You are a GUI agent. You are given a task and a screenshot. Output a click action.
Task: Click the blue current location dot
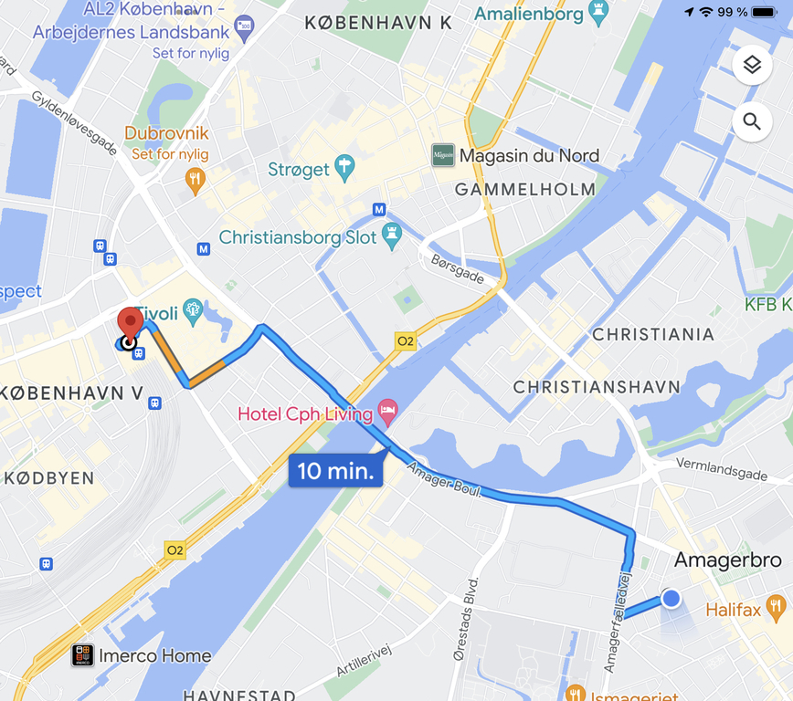coord(671,598)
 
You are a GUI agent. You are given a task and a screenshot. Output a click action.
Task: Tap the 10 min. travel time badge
coord(335,471)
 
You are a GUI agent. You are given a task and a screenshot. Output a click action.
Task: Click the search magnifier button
coord(752,121)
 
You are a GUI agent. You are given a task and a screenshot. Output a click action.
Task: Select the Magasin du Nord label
coord(529,156)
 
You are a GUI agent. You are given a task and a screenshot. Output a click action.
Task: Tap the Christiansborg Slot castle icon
coord(392,236)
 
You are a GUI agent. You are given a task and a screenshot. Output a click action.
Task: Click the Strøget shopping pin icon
coord(344,168)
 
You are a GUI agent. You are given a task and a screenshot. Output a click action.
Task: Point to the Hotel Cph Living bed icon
coord(387,413)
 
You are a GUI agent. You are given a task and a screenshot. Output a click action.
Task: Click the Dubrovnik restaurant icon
coord(195,178)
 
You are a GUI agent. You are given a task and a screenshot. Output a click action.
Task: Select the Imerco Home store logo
coord(83,655)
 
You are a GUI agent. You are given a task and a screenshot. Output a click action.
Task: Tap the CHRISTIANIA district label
coord(652,335)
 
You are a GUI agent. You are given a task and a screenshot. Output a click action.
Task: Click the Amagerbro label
coord(727,560)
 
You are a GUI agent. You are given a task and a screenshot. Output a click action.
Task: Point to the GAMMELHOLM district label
coord(524,190)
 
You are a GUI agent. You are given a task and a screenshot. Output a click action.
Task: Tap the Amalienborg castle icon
coord(598,15)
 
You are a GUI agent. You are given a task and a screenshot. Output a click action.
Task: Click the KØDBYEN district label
coord(48,478)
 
